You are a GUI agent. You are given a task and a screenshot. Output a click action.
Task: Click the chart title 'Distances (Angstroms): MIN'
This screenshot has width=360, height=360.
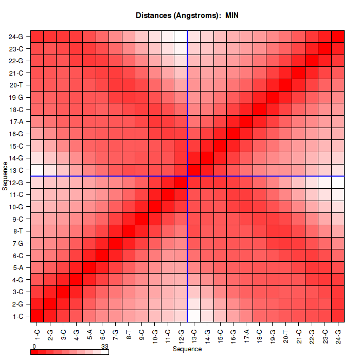(187, 15)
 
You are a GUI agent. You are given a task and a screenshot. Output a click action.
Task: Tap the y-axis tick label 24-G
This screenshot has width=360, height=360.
(16, 37)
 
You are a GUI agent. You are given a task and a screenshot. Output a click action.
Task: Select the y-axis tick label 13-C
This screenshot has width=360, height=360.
(16, 170)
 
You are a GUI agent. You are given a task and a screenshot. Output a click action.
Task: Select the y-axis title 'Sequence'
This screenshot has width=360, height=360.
(5, 175)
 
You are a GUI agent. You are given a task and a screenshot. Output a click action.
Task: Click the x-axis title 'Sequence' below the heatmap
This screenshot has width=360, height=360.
(187, 349)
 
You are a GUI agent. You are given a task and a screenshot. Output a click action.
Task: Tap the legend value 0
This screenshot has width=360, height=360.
(34, 347)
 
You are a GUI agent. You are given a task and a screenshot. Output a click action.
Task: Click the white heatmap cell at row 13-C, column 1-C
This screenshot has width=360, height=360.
(37, 170)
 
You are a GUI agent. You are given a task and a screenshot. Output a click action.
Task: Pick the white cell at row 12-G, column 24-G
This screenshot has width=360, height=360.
(338, 183)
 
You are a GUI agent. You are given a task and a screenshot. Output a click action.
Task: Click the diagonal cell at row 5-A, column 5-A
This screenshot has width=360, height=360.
(89, 267)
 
